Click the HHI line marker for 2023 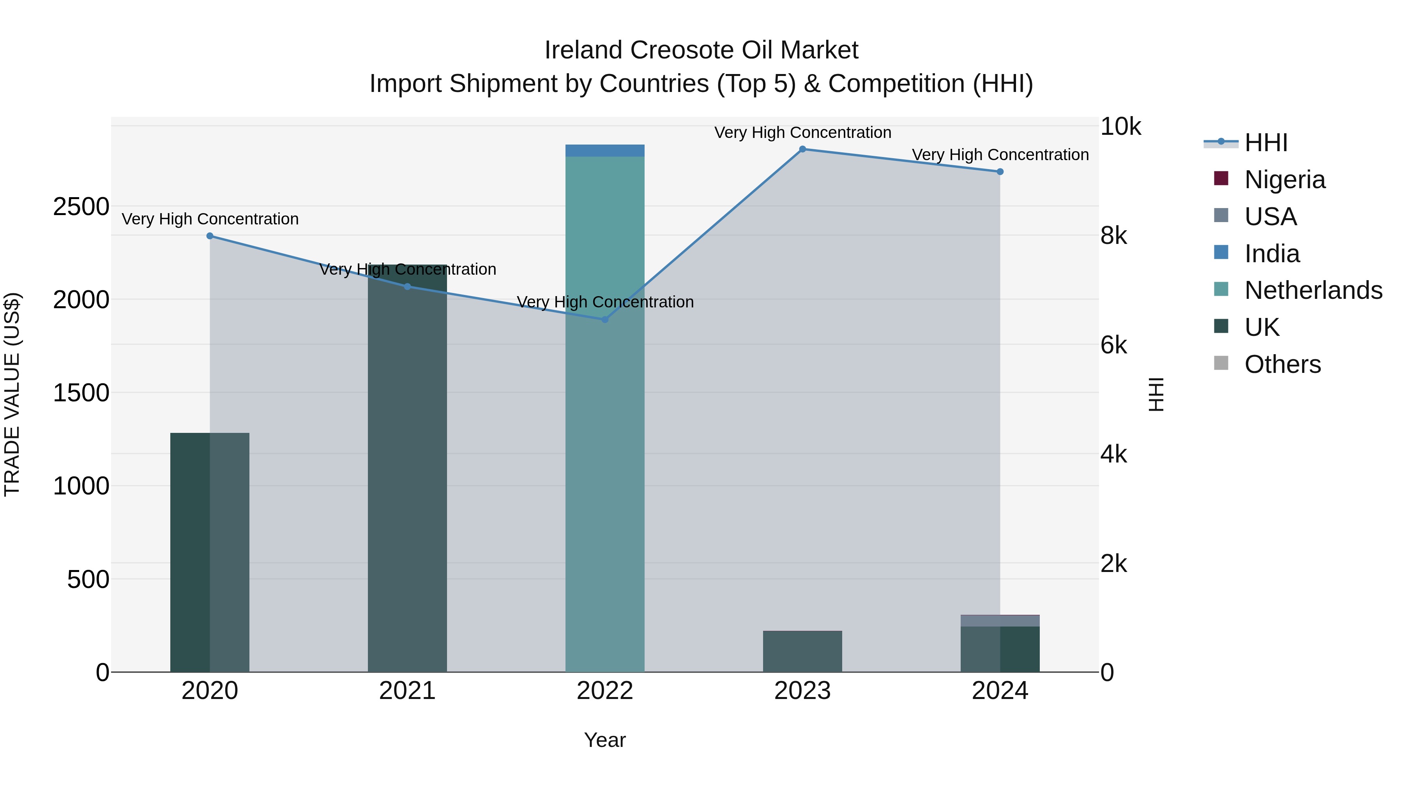coord(802,149)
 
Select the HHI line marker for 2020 coord(210,236)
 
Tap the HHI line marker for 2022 coord(604,319)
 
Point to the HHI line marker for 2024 coord(1000,171)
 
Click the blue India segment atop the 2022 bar coord(604,151)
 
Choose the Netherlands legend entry coord(1313,290)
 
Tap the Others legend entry coord(1282,364)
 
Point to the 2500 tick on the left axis coord(81,207)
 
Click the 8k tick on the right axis coord(1114,236)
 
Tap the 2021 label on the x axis coord(407,691)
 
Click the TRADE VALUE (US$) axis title coord(12,394)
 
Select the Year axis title coord(604,740)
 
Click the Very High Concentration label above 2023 coord(802,132)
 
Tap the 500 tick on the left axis coord(88,579)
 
